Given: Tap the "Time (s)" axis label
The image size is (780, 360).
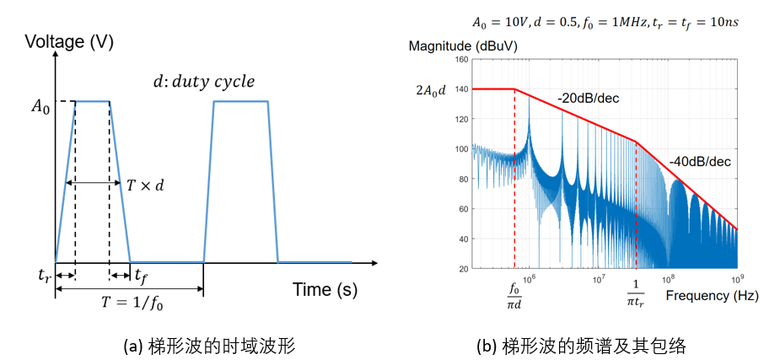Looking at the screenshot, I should tap(325, 290).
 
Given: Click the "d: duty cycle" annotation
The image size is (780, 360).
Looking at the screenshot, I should tap(203, 82).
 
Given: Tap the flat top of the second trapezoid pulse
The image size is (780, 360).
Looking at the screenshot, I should tap(240, 101).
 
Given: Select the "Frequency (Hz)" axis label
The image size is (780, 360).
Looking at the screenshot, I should tap(712, 296).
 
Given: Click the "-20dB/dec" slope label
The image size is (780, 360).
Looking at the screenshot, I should tap(588, 99).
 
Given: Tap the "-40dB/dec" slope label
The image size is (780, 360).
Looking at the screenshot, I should tap(699, 161).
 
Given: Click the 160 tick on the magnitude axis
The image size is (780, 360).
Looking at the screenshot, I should tap(461, 59).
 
